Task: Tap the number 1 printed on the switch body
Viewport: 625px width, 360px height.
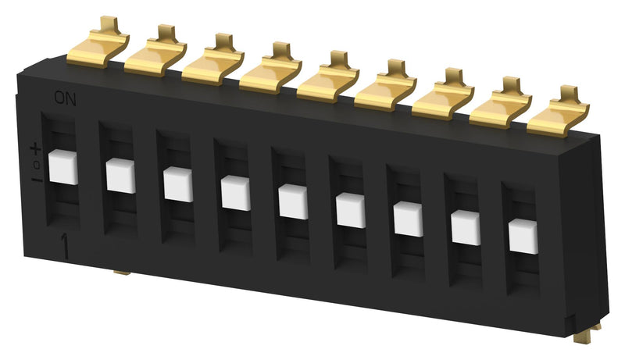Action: pos(64,247)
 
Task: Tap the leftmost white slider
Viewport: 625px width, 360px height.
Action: pos(62,168)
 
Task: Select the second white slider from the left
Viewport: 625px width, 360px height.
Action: pos(120,176)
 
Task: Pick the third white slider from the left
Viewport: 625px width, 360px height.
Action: pos(178,184)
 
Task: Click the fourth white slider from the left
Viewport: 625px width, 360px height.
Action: pos(235,193)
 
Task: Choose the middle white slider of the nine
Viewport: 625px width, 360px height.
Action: pos(293,201)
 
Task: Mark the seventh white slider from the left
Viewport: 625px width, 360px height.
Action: pos(408,219)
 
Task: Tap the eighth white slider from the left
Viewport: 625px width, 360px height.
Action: pos(466,227)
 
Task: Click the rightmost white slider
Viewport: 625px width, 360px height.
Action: pos(523,236)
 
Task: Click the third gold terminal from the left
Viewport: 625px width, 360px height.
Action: pos(212,62)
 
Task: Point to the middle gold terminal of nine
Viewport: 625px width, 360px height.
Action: pos(327,79)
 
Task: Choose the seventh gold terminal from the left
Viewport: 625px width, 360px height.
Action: pos(442,96)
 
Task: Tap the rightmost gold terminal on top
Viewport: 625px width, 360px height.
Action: pos(558,113)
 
